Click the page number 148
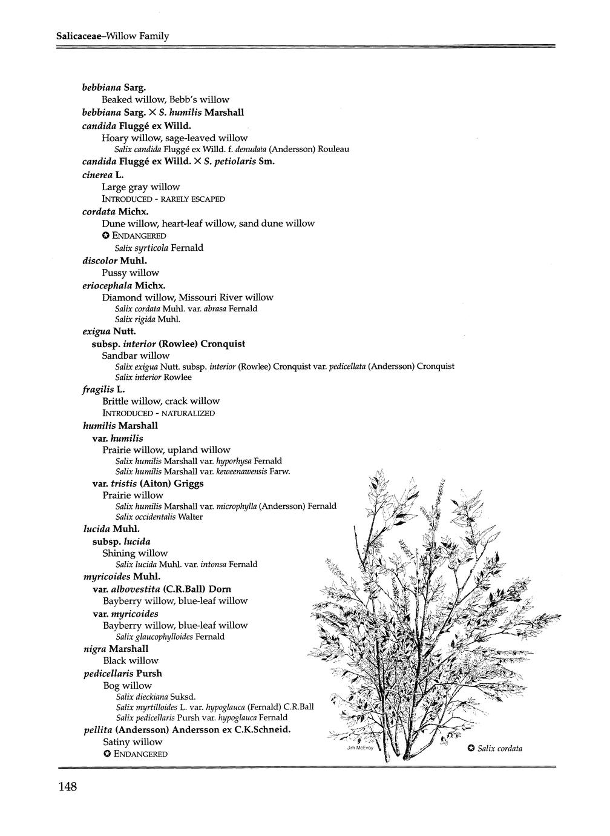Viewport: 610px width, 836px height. tap(67, 788)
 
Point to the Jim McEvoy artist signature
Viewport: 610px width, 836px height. tap(359, 748)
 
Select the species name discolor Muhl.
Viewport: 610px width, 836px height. tap(115, 260)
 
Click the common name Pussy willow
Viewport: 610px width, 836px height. tap(130, 273)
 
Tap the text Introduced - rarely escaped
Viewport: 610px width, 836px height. tap(163, 199)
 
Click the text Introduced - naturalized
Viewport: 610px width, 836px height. tap(159, 413)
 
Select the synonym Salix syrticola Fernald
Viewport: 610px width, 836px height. tap(159, 248)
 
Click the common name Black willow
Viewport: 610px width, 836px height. tap(131, 661)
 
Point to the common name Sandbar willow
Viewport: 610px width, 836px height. tap(136, 356)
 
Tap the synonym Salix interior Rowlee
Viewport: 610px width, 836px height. tap(153, 377)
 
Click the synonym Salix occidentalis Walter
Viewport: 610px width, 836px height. tap(159, 517)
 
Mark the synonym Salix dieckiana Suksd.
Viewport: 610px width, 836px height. tap(156, 697)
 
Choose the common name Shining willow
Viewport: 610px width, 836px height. tap(135, 553)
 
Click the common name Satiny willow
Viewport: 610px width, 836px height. tap(133, 742)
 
